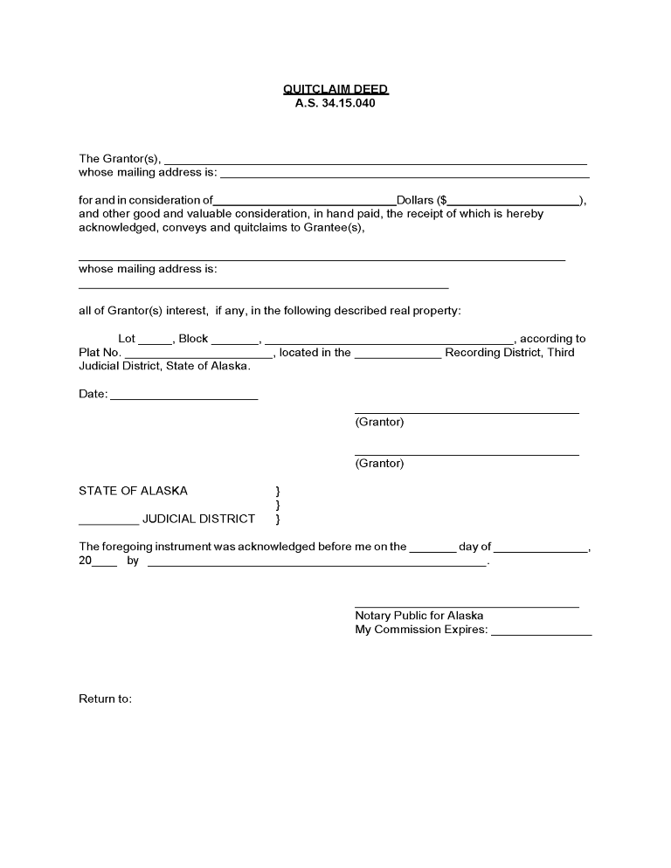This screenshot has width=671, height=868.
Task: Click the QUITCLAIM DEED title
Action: click(335, 89)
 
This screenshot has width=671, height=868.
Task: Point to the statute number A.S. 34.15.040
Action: click(335, 103)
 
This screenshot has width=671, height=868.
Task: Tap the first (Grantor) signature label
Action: click(379, 423)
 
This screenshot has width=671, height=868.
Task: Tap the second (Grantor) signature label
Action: click(379, 464)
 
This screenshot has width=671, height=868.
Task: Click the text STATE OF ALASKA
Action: click(133, 491)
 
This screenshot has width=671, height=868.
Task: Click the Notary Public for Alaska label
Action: click(419, 616)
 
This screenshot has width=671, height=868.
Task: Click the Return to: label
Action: click(105, 699)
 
